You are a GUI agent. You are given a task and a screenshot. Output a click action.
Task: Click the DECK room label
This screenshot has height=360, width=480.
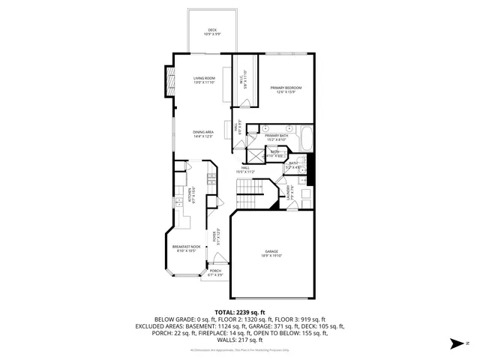tap(212, 32)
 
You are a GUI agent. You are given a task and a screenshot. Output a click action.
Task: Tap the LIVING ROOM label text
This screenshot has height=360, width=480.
tap(204, 80)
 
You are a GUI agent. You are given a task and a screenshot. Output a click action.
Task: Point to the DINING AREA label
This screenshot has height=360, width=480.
tap(204, 135)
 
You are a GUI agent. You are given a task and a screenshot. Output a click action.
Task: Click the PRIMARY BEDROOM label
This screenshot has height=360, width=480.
tap(286, 90)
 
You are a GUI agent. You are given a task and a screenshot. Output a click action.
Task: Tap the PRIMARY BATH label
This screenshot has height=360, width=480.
tap(277, 137)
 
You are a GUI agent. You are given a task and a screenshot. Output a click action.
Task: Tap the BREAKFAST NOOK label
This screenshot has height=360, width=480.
tap(187, 249)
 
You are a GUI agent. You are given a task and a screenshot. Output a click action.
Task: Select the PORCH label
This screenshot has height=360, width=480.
tap(215, 273)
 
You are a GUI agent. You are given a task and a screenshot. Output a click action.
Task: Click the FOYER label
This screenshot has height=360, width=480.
tap(217, 237)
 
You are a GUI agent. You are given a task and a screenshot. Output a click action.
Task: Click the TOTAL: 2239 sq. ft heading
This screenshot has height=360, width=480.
tap(240, 311)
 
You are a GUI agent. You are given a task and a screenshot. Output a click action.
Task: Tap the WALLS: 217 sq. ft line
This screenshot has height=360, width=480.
tap(240, 339)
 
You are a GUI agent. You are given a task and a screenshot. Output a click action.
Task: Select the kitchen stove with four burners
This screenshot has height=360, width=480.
tap(212, 179)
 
